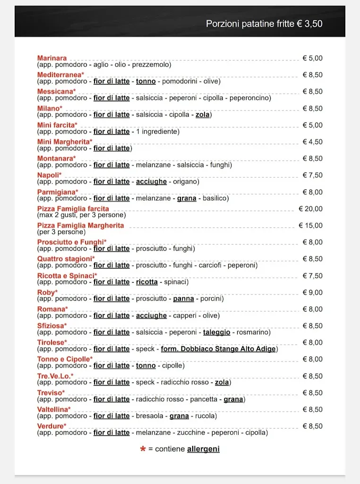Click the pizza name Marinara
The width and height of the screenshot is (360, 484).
tap(52, 58)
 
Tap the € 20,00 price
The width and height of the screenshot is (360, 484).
tap(311, 208)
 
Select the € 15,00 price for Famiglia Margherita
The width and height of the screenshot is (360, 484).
tap(311, 225)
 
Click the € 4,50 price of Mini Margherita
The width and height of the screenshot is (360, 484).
tap(313, 142)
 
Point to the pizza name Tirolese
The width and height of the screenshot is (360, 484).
tap(52, 342)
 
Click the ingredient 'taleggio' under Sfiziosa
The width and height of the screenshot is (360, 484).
tap(217, 332)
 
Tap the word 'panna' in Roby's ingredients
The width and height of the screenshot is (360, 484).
tap(184, 299)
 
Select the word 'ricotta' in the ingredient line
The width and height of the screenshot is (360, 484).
tap(147, 282)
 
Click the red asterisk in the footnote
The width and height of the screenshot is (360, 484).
tap(143, 449)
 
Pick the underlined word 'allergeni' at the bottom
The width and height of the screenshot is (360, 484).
tap(203, 449)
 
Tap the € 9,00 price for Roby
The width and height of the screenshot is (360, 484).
tap(313, 292)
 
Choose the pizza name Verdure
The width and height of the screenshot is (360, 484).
tap(50, 426)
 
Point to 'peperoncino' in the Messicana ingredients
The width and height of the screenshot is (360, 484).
tap(251, 98)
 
